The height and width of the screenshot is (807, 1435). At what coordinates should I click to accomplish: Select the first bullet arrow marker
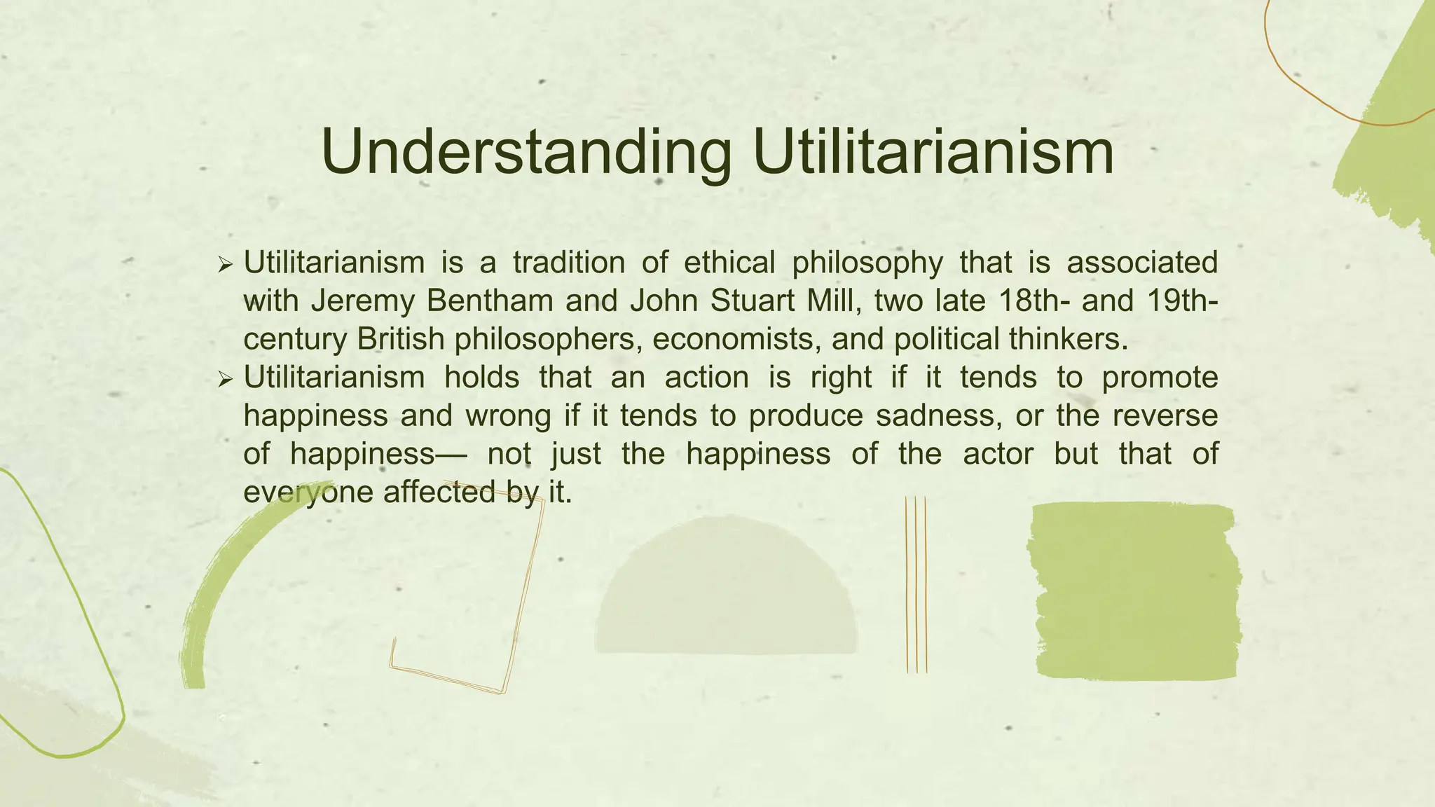(x=225, y=265)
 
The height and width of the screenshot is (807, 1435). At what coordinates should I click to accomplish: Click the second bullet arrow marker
(x=225, y=380)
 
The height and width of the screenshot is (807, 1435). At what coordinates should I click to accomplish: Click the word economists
(x=736, y=339)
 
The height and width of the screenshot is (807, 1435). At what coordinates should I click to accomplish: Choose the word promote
(x=1160, y=378)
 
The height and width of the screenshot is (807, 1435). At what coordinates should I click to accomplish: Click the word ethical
(x=729, y=263)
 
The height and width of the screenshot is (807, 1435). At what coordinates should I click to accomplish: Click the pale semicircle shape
(x=726, y=595)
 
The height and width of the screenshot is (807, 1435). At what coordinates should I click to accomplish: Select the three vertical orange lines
(x=916, y=584)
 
